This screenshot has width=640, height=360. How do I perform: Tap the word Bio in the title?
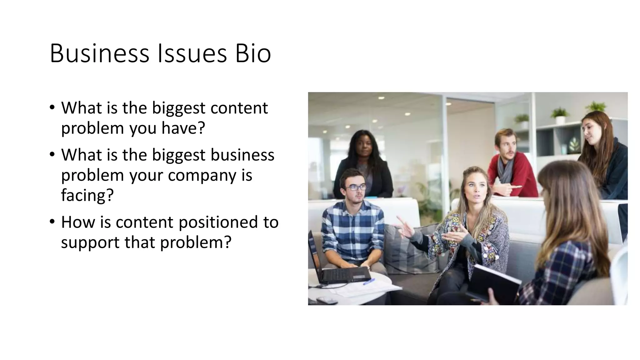253,53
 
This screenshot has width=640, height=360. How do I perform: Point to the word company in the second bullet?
202,175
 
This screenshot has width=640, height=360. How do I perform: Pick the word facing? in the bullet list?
87,196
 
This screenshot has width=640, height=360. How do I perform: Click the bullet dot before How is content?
52,222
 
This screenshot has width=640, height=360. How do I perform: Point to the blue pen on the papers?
369,282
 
